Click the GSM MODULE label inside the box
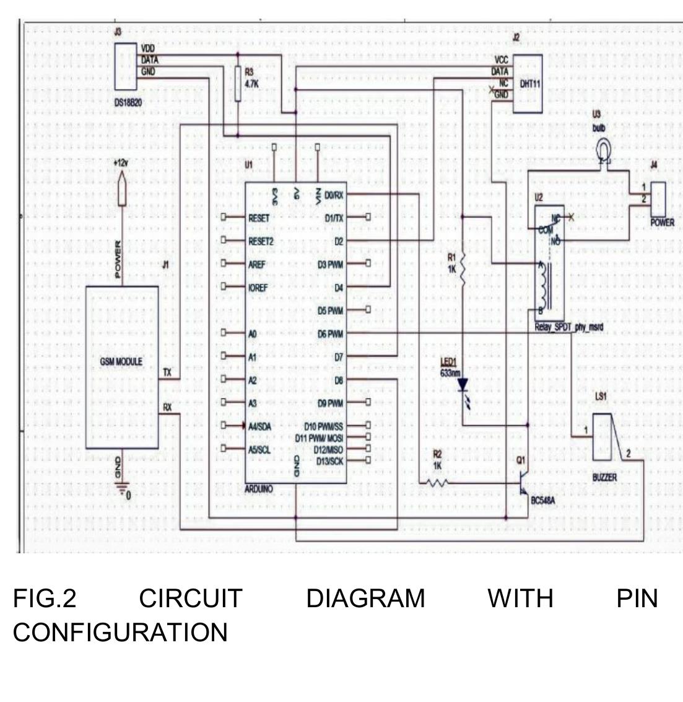[121, 362]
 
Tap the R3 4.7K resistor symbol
[238, 84]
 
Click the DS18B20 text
[128, 103]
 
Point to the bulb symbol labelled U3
[603, 149]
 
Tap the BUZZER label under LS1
[604, 478]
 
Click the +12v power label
[122, 162]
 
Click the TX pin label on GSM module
[167, 372]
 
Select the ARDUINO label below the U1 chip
[259, 489]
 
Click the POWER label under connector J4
[662, 222]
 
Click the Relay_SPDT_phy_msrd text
[568, 329]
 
